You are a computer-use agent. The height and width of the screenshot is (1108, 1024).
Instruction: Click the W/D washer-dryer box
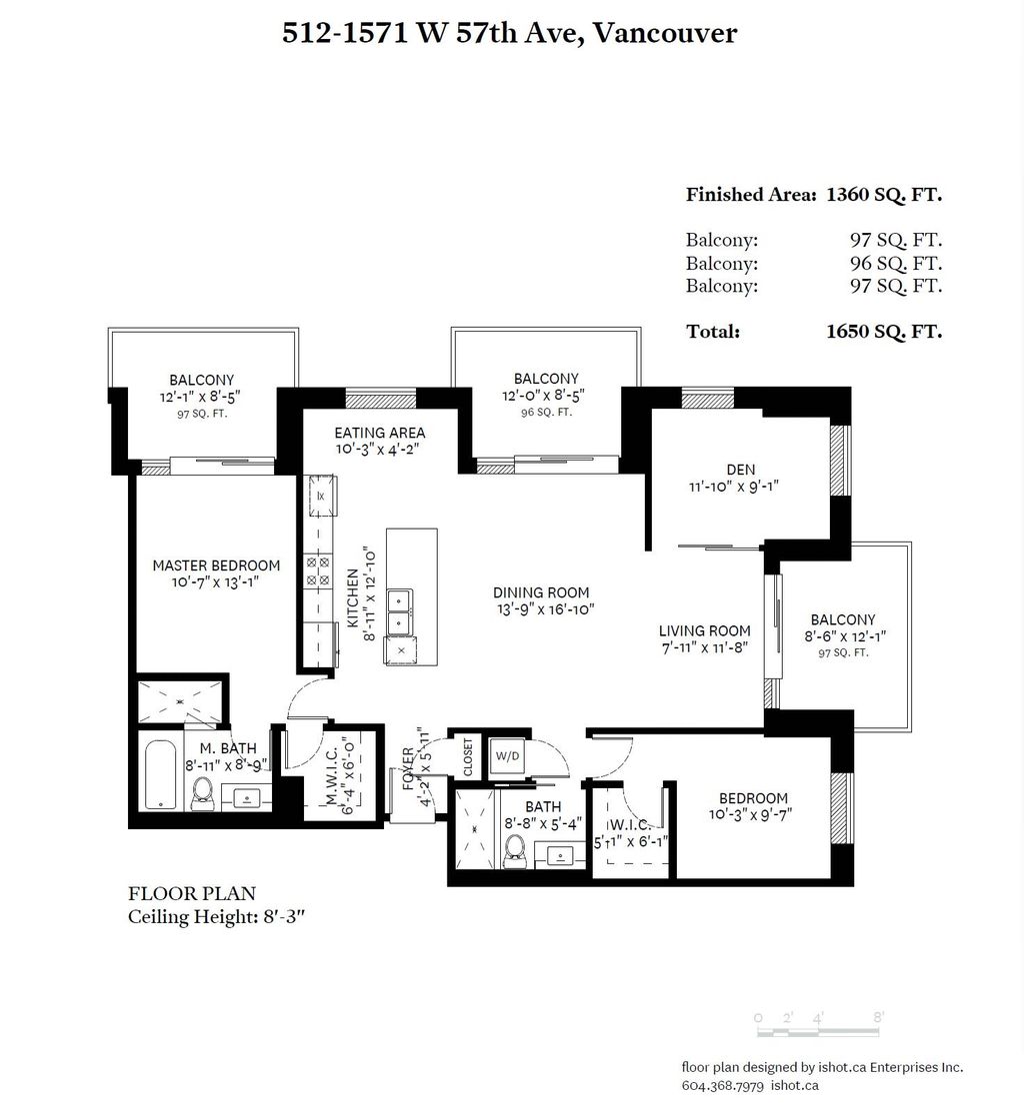507,755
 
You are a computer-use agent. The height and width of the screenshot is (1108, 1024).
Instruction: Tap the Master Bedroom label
216,565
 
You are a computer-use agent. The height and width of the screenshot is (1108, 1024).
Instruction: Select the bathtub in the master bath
160,774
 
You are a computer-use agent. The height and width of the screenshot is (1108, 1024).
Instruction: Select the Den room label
741,470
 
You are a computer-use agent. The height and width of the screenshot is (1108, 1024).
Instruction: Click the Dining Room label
543,592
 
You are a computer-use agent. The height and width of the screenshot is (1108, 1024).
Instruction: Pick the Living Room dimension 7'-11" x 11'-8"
704,648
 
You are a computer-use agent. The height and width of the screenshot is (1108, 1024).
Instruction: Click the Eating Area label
379,433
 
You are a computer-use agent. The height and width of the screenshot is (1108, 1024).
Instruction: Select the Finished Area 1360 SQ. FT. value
883,195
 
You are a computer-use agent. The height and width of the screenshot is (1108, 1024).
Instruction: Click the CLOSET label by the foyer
467,755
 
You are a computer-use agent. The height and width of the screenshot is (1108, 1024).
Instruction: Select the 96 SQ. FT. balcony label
546,412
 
